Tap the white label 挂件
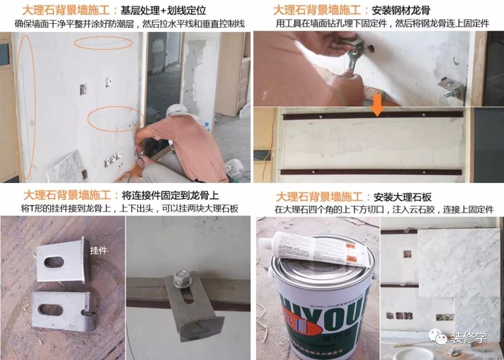pyautogui.click(x=98, y=251)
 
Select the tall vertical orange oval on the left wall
pyautogui.click(x=26, y=107)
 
